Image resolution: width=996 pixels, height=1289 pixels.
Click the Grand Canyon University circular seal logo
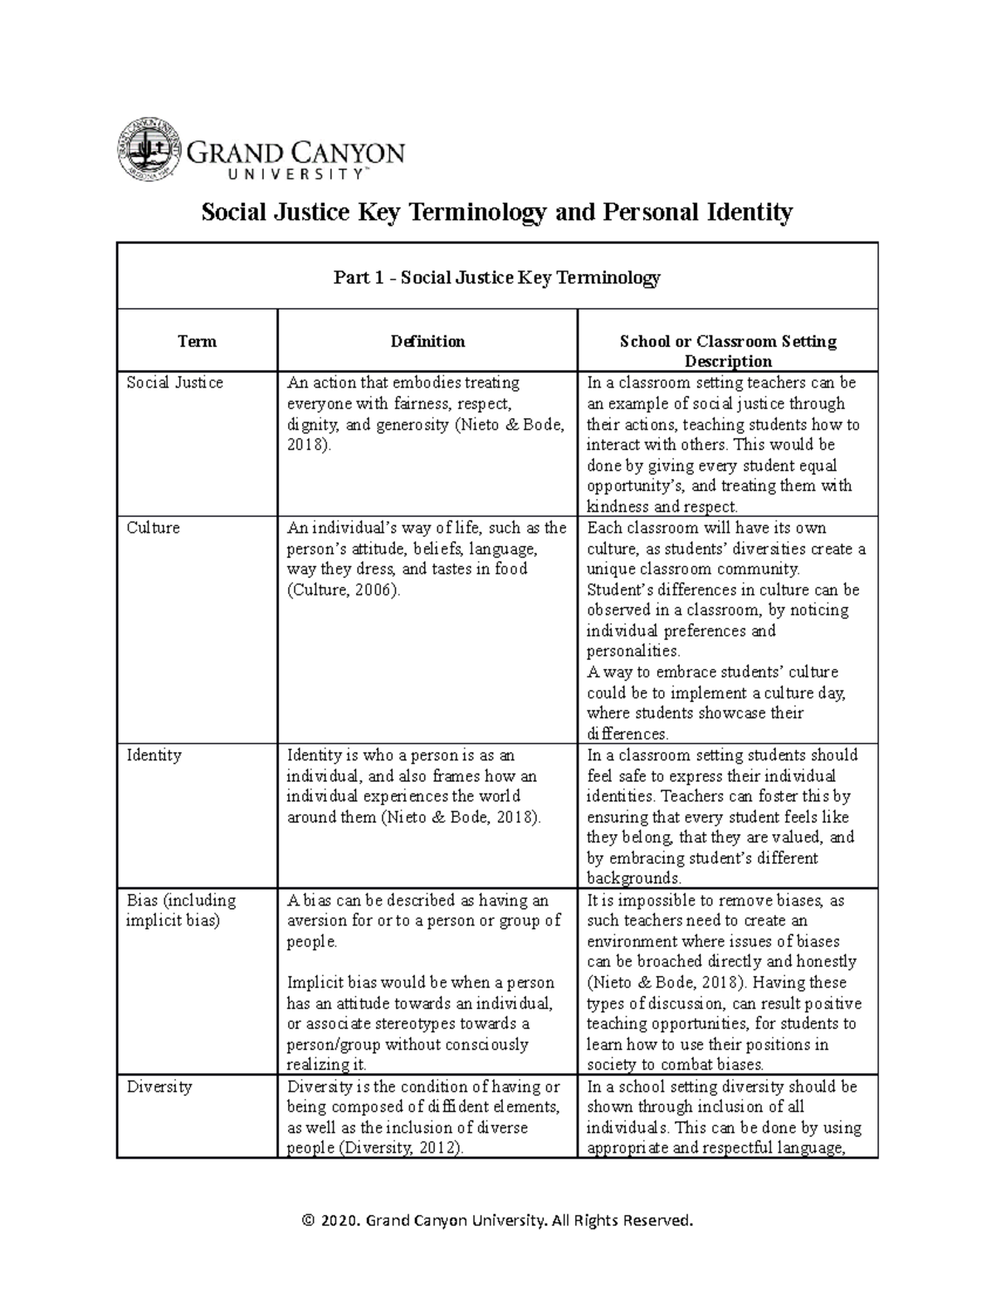pyautogui.click(x=146, y=150)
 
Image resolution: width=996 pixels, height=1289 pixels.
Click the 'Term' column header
pyautogui.click(x=197, y=341)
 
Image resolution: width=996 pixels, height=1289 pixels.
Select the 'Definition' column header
pyautogui.click(x=427, y=341)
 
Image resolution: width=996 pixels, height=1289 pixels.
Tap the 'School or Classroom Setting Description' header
pyautogui.click(x=727, y=351)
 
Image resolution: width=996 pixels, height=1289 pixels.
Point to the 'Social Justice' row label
pyautogui.click(x=174, y=383)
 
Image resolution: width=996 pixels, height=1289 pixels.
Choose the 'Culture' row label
pyautogui.click(x=153, y=528)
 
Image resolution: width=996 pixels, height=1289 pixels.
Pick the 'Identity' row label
pyautogui.click(x=154, y=755)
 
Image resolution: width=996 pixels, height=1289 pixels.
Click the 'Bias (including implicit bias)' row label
pyautogui.click(x=181, y=911)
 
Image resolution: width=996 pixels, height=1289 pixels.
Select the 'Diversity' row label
pyautogui.click(x=159, y=1086)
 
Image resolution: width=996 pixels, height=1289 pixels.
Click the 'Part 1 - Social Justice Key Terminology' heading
pyautogui.click(x=496, y=277)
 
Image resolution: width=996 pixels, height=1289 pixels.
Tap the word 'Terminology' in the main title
pyautogui.click(x=476, y=212)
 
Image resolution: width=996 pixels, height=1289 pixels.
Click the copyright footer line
pyautogui.click(x=497, y=1220)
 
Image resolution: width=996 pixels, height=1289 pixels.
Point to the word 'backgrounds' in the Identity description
pyautogui.click(x=633, y=879)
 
